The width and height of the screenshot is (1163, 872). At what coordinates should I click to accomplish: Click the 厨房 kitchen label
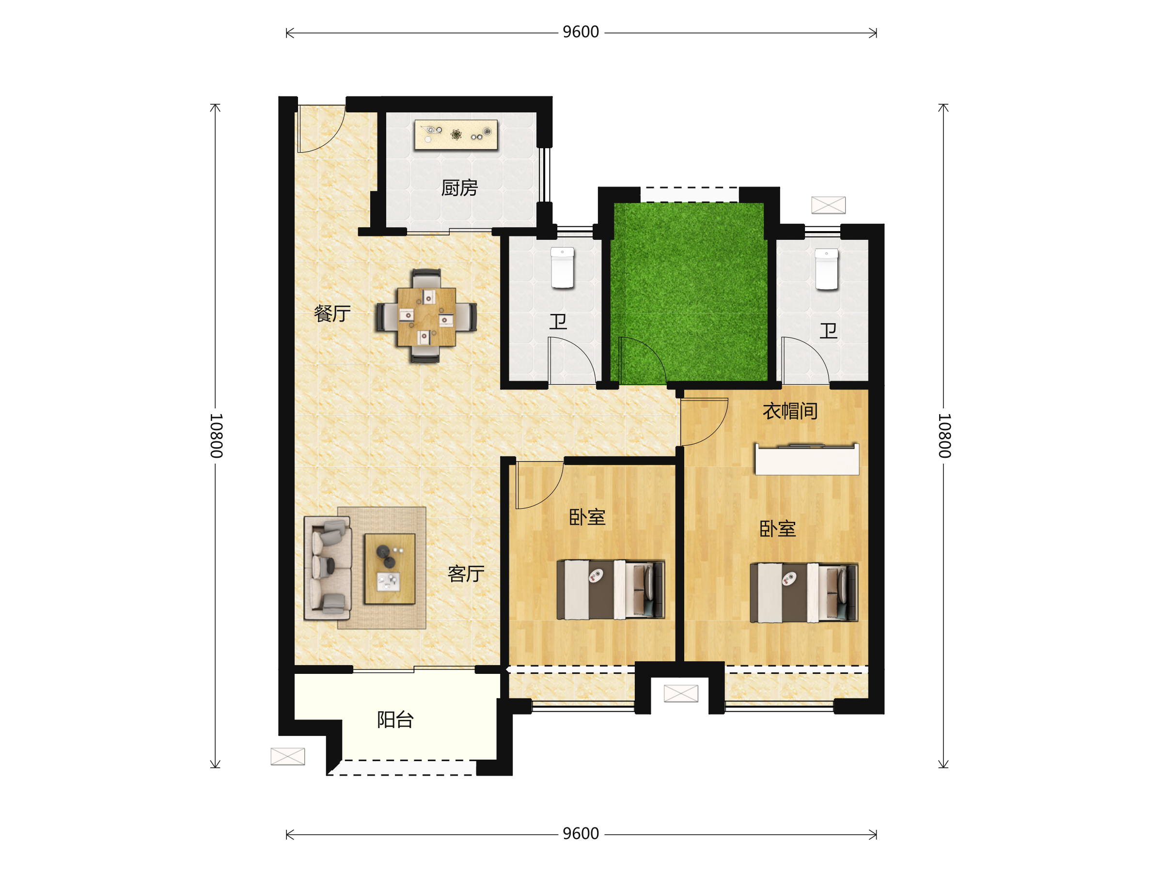[x=459, y=187]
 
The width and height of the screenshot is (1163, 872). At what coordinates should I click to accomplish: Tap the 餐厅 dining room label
[x=332, y=313]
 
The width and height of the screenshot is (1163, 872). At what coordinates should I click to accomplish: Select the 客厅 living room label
[x=466, y=574]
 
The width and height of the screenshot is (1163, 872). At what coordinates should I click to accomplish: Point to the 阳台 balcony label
[x=395, y=719]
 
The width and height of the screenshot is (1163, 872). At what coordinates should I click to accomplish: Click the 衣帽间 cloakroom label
[x=790, y=411]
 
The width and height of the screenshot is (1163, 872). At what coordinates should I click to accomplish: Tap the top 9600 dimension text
[x=581, y=32]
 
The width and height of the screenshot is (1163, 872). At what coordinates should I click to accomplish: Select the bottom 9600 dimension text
[x=581, y=834]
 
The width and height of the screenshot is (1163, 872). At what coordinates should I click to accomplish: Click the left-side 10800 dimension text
[x=216, y=436]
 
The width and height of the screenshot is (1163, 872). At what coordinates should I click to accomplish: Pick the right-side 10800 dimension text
[x=944, y=436]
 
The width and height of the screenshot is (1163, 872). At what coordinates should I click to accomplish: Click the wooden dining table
[x=426, y=316]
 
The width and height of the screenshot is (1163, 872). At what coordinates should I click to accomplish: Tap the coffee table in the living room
[x=390, y=569]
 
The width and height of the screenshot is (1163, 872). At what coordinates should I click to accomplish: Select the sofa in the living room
[x=328, y=568]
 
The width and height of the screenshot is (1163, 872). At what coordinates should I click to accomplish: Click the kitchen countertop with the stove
[x=456, y=135]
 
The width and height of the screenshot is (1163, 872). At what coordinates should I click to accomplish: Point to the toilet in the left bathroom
[x=562, y=268]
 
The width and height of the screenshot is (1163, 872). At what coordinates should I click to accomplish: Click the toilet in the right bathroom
[x=827, y=269]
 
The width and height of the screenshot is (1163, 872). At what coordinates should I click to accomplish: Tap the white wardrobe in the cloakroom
[x=807, y=459]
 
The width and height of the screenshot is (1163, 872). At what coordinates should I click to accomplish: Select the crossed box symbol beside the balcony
[x=287, y=756]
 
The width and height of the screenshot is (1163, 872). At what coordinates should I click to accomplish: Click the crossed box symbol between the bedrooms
[x=681, y=693]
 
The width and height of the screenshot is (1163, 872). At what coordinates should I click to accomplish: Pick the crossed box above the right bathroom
[x=828, y=205]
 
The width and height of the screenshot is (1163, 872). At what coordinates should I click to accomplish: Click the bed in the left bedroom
[x=611, y=589]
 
